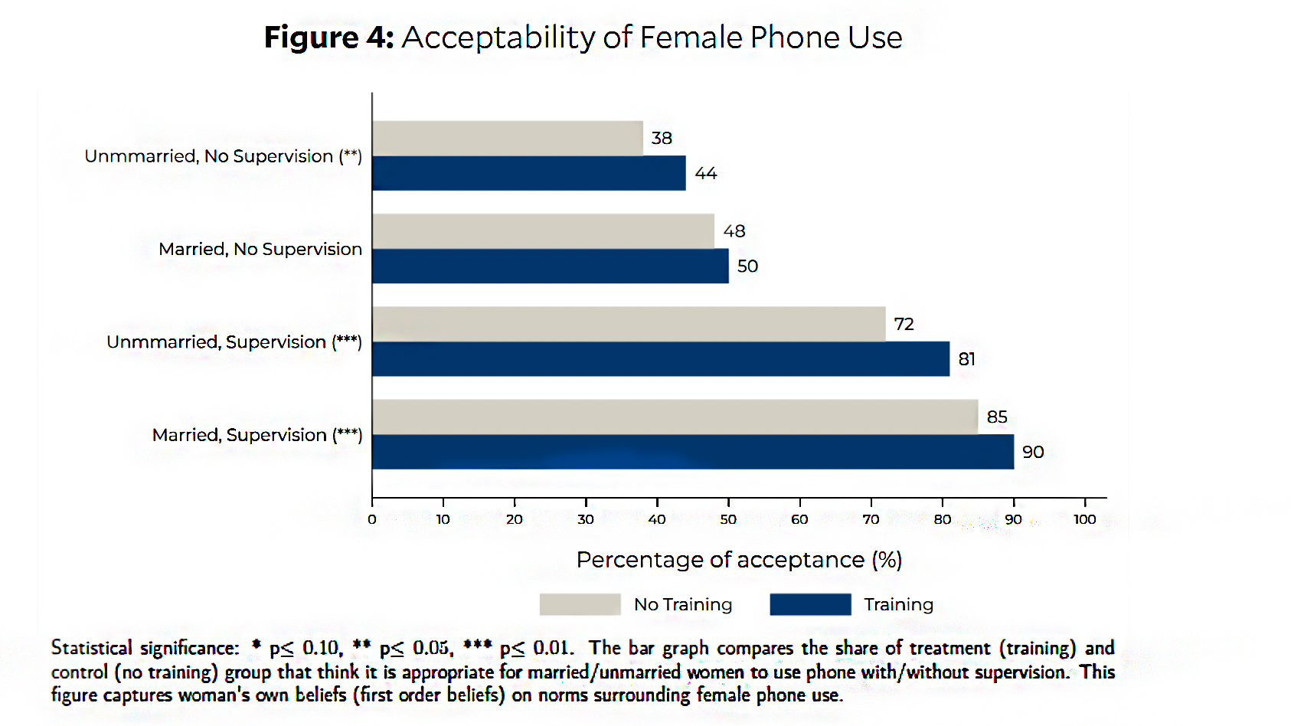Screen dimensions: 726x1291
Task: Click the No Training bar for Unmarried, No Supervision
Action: click(507, 138)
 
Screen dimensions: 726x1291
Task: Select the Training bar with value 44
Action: click(528, 173)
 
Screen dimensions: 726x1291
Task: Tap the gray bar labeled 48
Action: click(543, 231)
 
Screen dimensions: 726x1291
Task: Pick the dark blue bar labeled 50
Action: click(550, 266)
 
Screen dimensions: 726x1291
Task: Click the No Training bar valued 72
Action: click(629, 324)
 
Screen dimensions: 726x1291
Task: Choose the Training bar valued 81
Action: click(661, 359)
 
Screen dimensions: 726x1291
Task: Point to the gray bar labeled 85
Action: click(675, 417)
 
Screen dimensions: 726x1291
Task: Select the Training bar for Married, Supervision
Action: click(693, 452)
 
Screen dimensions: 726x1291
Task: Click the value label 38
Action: click(662, 138)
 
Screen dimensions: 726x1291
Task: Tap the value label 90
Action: click(1033, 452)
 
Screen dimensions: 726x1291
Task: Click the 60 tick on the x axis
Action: click(799, 519)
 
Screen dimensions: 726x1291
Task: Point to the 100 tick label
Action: click(1084, 519)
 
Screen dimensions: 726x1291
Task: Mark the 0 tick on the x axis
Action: click(372, 519)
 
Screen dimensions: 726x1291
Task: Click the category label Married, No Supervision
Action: click(260, 249)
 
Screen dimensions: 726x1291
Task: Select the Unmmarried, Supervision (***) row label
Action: click(234, 342)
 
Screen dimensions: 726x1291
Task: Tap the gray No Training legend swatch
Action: click(580, 604)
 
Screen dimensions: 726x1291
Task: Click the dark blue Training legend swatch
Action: click(810, 604)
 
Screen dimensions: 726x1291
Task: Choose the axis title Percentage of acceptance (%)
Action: click(739, 560)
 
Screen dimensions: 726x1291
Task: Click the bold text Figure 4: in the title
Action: click(328, 38)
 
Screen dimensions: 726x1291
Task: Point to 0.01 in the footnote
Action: click(552, 648)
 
